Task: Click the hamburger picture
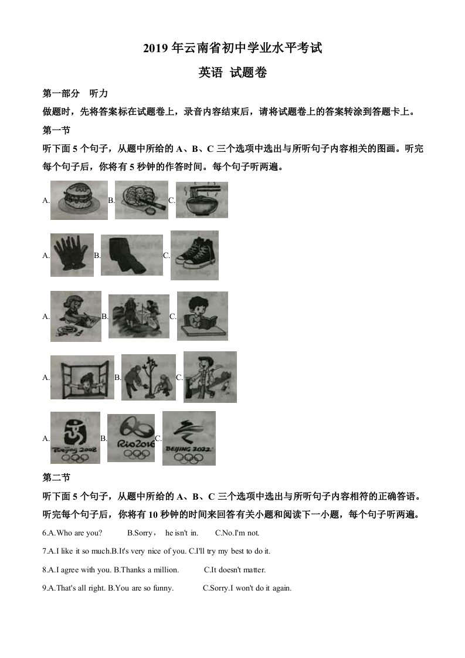pyautogui.click(x=79, y=200)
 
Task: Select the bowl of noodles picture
pyautogui.click(x=202, y=200)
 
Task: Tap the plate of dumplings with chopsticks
pyautogui.click(x=141, y=200)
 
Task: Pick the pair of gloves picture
pyautogui.click(x=72, y=255)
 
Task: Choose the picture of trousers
pyautogui.click(x=131, y=255)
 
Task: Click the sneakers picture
pyautogui.click(x=195, y=255)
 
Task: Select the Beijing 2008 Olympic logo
pyautogui.click(x=75, y=437)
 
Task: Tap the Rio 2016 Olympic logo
pyautogui.click(x=131, y=437)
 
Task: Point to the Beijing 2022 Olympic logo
pyautogui.click(x=189, y=437)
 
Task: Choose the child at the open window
pyautogui.click(x=82, y=377)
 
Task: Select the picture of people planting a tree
pyautogui.click(x=148, y=377)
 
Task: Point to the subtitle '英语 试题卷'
pyautogui.click(x=232, y=73)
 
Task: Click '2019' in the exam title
pyautogui.click(x=155, y=49)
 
